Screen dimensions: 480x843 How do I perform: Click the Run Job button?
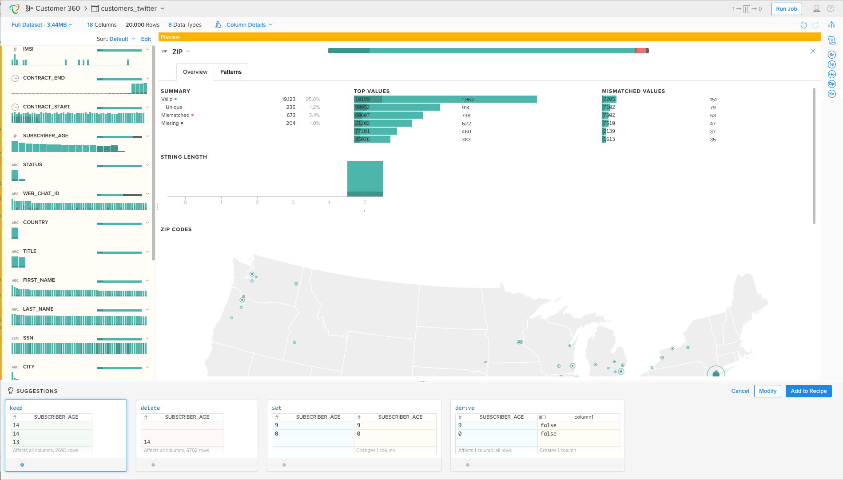[x=786, y=9]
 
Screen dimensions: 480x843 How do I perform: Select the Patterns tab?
[x=231, y=72]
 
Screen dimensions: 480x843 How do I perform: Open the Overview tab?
[x=195, y=72]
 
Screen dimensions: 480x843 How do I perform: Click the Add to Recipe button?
[x=808, y=391]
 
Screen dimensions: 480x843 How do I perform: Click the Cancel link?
[x=740, y=391]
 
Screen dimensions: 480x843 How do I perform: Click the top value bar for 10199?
[x=445, y=99]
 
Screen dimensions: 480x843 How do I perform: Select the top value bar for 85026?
[x=372, y=139]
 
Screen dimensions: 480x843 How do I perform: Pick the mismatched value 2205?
[x=609, y=99]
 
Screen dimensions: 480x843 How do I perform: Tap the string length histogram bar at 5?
[x=365, y=178]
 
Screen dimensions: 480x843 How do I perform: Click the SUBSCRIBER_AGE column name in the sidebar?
[x=46, y=136]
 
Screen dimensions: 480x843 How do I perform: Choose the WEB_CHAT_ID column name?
[x=41, y=193]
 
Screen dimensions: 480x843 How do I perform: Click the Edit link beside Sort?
[x=146, y=39]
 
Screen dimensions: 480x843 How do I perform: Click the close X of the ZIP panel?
[x=812, y=51]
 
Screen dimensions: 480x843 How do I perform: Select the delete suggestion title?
[x=150, y=408]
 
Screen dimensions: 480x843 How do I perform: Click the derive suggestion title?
[x=465, y=408]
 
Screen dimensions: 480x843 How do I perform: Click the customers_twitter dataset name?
[x=129, y=8]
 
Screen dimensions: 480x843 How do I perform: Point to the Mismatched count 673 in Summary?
[x=291, y=115]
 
